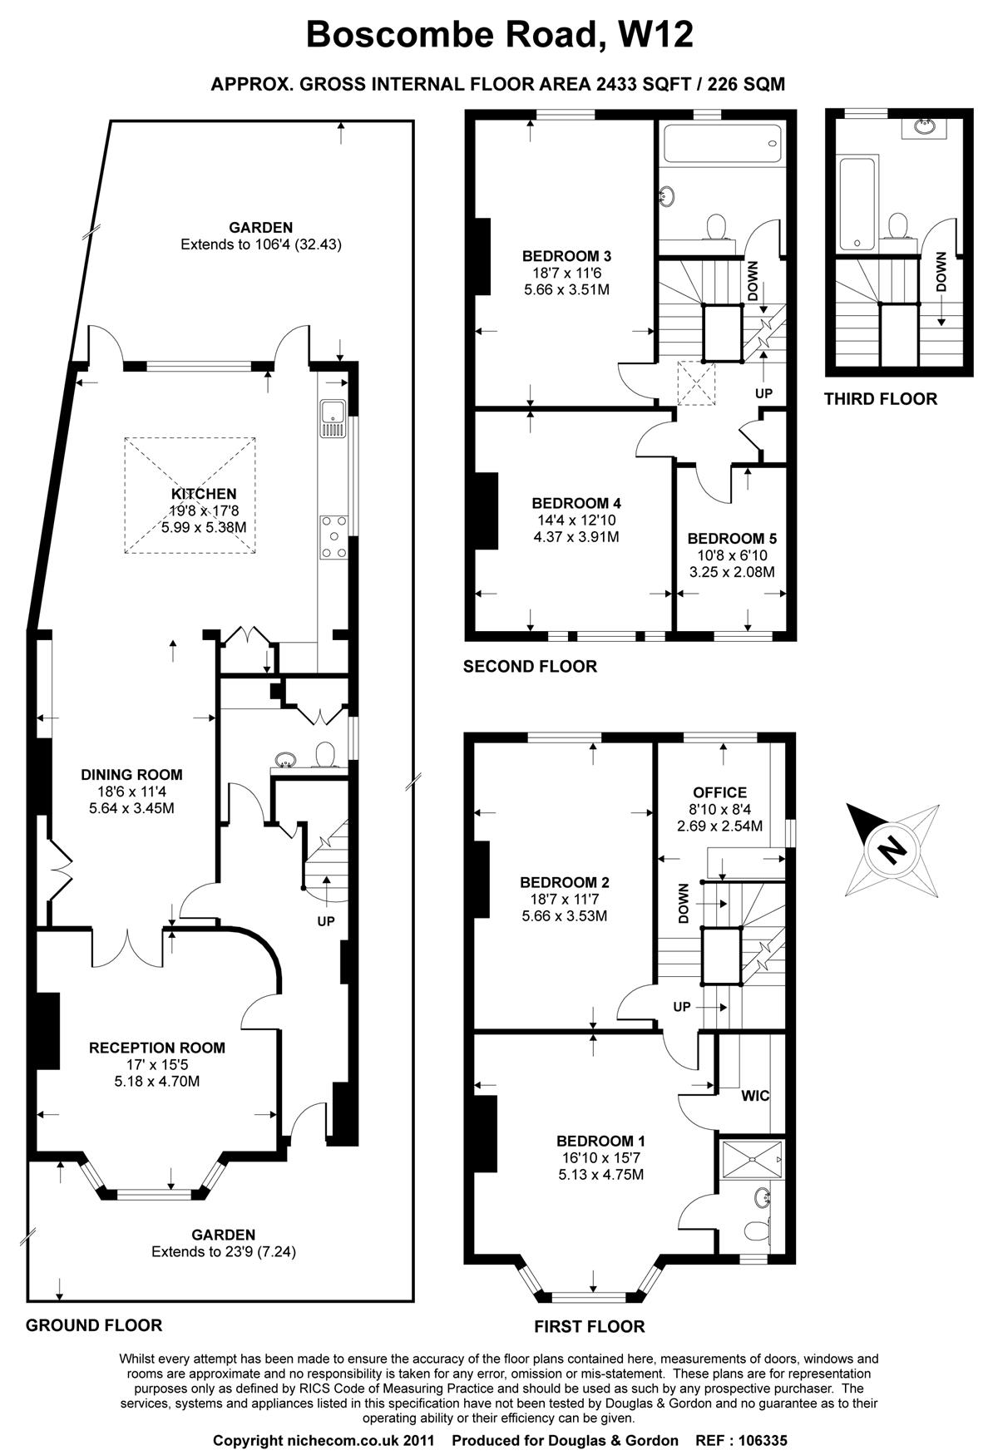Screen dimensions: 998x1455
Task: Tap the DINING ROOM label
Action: tap(131, 774)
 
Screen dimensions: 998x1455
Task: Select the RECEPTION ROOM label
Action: tap(157, 1048)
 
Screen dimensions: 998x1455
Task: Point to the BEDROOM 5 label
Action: tap(732, 538)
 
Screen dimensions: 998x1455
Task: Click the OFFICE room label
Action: tap(719, 792)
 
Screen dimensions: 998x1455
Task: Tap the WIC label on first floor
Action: tap(755, 1096)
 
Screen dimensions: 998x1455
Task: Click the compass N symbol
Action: tap(892, 849)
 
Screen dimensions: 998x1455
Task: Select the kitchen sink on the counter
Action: tap(333, 418)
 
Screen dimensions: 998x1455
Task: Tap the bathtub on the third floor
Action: tap(857, 203)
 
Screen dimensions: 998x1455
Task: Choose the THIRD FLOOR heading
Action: tap(880, 399)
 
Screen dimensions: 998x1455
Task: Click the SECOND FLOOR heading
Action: tap(530, 666)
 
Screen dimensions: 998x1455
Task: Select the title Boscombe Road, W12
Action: tap(500, 35)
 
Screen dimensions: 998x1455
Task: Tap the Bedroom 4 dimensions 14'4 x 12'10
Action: tap(576, 520)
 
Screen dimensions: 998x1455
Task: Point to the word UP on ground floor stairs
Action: tap(326, 922)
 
